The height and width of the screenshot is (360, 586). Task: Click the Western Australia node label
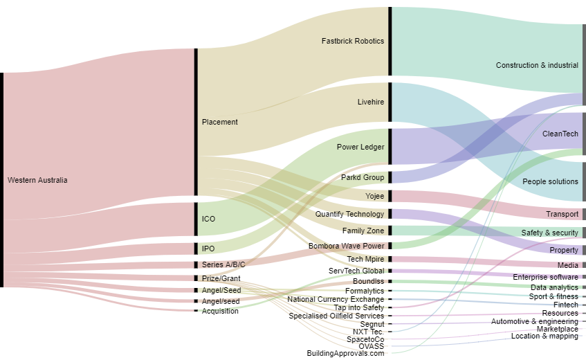(x=37, y=181)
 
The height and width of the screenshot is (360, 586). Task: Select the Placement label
(x=220, y=123)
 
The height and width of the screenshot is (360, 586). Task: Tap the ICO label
(x=208, y=219)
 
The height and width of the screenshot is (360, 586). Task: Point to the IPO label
(x=208, y=249)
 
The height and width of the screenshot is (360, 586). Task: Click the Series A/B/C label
(x=223, y=265)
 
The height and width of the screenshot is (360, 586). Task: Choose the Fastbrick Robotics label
(x=353, y=42)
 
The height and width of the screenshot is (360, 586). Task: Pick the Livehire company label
(x=371, y=102)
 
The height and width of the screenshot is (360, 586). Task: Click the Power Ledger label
(x=360, y=147)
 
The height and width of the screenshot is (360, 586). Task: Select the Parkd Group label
(x=363, y=178)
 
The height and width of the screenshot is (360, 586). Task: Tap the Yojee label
(x=375, y=197)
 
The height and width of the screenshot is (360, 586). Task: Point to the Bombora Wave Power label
(x=346, y=246)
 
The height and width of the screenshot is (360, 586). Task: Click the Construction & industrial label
(x=537, y=66)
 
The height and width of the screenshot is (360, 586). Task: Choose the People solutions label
(x=550, y=182)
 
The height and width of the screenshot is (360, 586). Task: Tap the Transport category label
(x=562, y=215)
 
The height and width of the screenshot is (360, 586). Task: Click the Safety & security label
(x=549, y=233)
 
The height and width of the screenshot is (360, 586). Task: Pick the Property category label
(x=564, y=251)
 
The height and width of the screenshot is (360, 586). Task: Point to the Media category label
(x=568, y=266)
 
